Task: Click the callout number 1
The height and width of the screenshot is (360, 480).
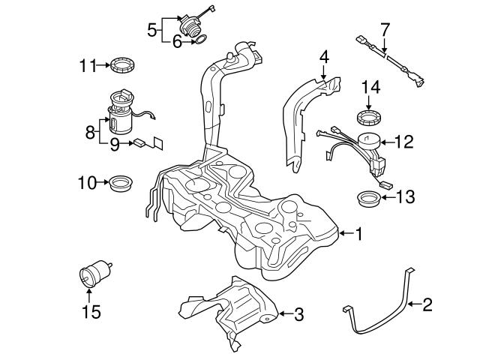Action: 358,234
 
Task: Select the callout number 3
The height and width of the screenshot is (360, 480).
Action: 298,315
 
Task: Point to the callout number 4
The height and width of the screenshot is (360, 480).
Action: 324,57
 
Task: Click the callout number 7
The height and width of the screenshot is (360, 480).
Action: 385,30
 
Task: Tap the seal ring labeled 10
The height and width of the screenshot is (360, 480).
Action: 120,182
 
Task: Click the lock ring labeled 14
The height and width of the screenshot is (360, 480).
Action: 369,118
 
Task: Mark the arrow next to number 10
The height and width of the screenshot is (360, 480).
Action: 103,181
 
